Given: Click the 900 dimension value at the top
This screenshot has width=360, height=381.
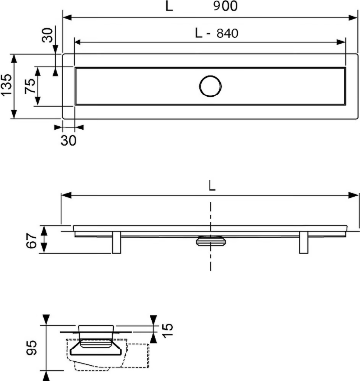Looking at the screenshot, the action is [225, 6].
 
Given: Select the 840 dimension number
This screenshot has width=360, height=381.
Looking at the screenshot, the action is [227, 33].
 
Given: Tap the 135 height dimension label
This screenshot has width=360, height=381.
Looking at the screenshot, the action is [6, 85].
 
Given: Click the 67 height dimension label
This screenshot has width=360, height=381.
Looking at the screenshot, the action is [31, 241].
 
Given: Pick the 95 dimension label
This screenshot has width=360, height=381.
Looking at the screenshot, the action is [32, 348].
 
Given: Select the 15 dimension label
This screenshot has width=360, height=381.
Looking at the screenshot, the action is [168, 330].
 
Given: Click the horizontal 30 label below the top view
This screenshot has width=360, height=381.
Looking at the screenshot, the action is [68, 140].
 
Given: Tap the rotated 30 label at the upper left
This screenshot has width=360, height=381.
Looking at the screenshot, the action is [47, 35].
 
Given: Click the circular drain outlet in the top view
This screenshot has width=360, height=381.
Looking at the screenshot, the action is [210, 76].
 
